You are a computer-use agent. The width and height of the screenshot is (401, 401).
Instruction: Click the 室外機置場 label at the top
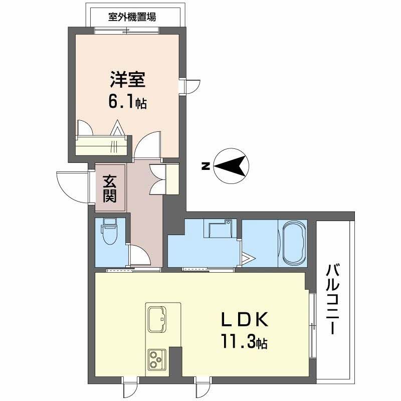coord(132,16)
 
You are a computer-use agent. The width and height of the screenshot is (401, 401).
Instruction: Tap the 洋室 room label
coord(127,81)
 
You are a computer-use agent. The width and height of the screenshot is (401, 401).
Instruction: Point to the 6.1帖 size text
coord(127,102)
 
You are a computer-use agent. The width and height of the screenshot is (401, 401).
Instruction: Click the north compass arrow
coord(232,166)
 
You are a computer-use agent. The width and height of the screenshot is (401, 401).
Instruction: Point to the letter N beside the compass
coord(205,167)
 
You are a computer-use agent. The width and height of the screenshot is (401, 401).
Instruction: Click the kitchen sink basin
coord(158,318)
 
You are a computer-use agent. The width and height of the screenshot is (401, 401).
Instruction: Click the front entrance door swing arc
coord(72,185)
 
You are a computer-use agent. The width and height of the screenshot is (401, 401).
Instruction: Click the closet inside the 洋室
coord(103,144)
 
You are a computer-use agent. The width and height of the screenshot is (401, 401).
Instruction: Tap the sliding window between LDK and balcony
coord(312,325)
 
